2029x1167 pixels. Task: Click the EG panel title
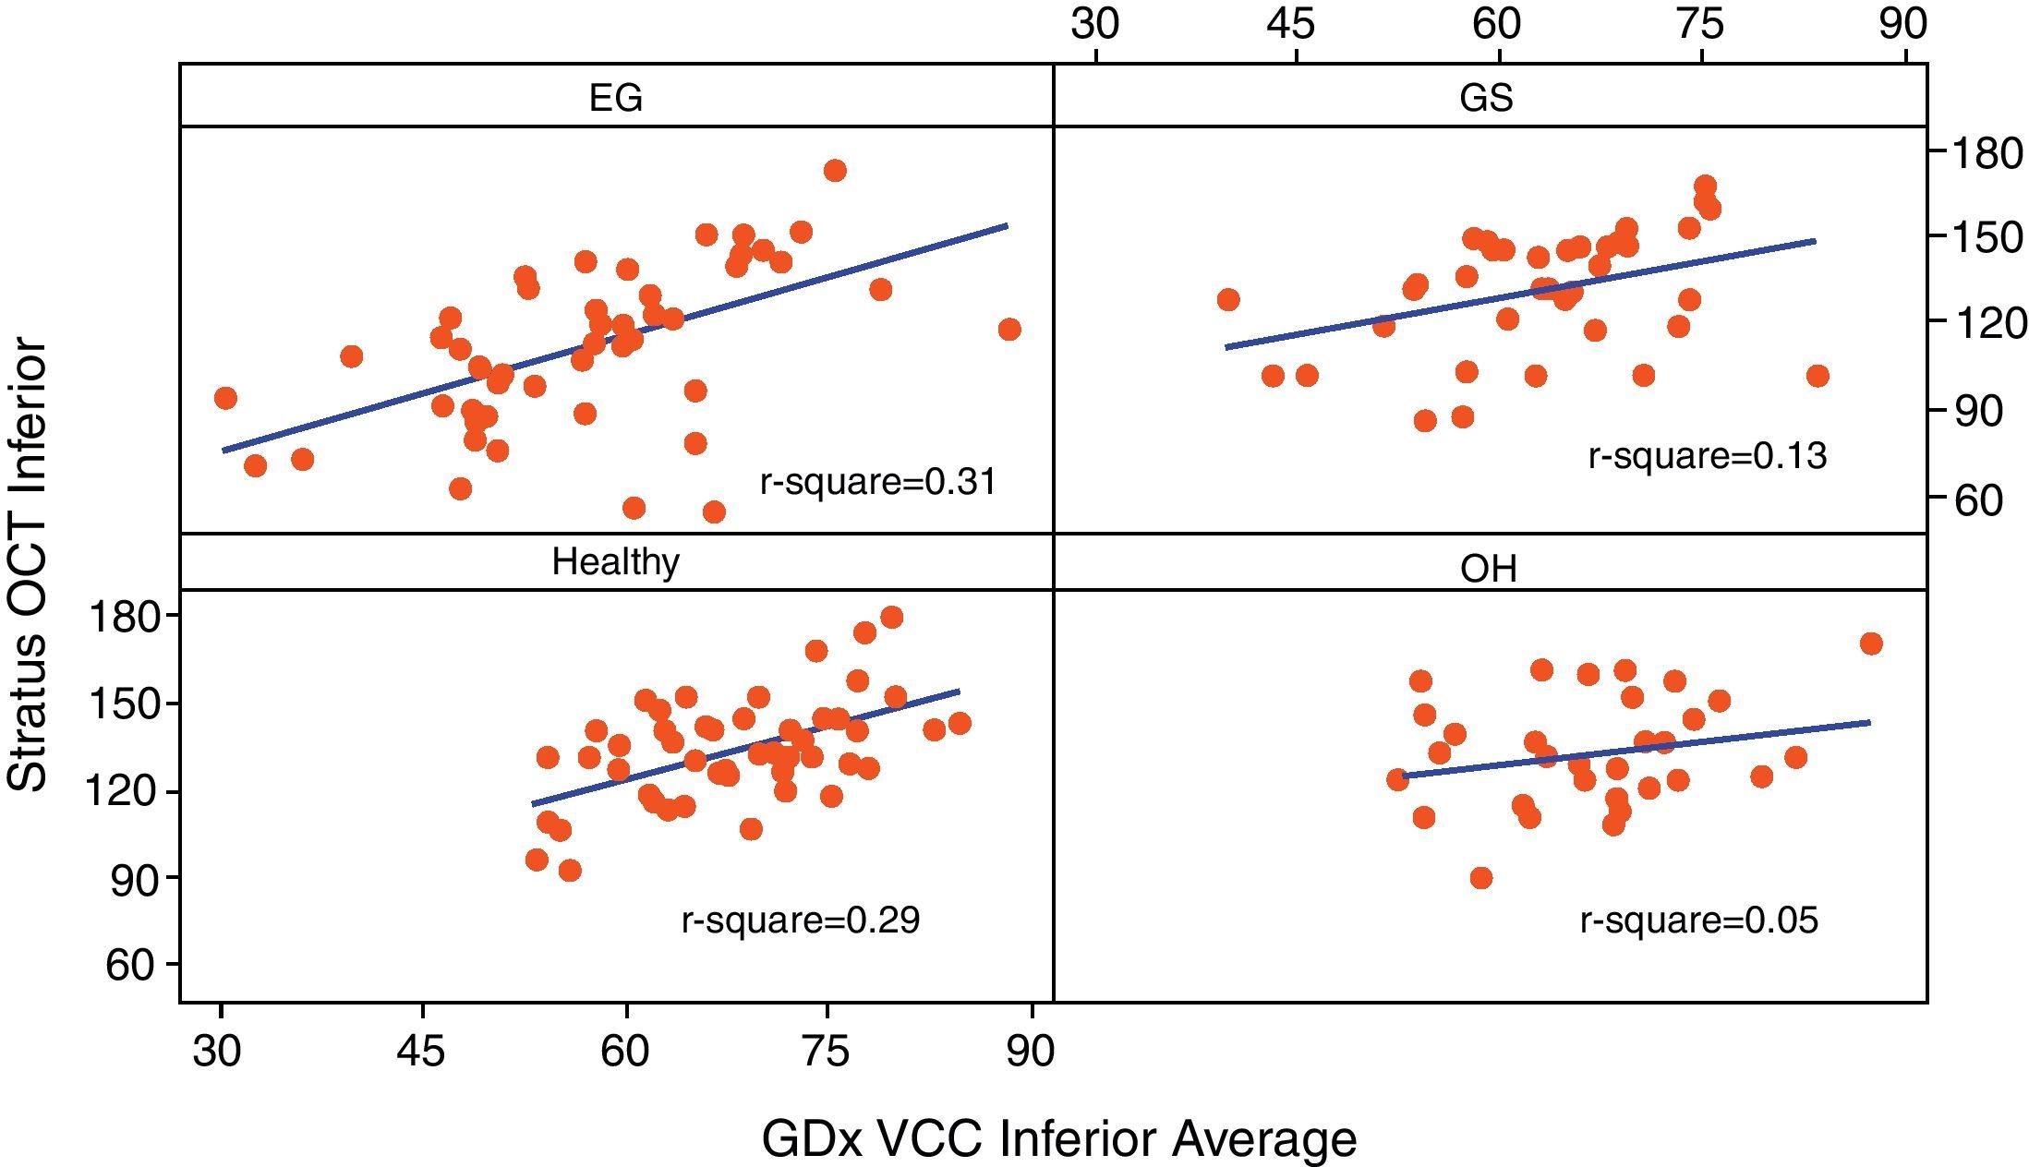pyautogui.click(x=615, y=97)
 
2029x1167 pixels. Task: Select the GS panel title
pyautogui.click(x=1487, y=97)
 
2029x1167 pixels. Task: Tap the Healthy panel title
pyautogui.click(x=615, y=561)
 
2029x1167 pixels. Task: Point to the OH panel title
pyautogui.click(x=1489, y=569)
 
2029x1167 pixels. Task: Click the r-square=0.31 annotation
pyautogui.click(x=878, y=482)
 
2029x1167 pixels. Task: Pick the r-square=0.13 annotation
pyautogui.click(x=1707, y=456)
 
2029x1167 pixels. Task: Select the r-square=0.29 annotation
pyautogui.click(x=801, y=920)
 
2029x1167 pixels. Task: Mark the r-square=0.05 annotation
pyautogui.click(x=1698, y=920)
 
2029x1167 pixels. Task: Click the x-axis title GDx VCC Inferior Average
pyautogui.click(x=1058, y=1138)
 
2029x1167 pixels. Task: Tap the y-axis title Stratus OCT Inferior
pyautogui.click(x=28, y=565)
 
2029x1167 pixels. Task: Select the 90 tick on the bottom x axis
pyautogui.click(x=1030, y=1052)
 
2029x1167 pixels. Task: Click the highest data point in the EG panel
pyautogui.click(x=835, y=171)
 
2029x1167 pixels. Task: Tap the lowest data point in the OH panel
pyautogui.click(x=1480, y=877)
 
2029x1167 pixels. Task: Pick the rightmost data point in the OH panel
pyautogui.click(x=1871, y=644)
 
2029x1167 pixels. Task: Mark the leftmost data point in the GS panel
pyautogui.click(x=1228, y=300)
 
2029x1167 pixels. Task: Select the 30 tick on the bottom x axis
pyautogui.click(x=217, y=1052)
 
